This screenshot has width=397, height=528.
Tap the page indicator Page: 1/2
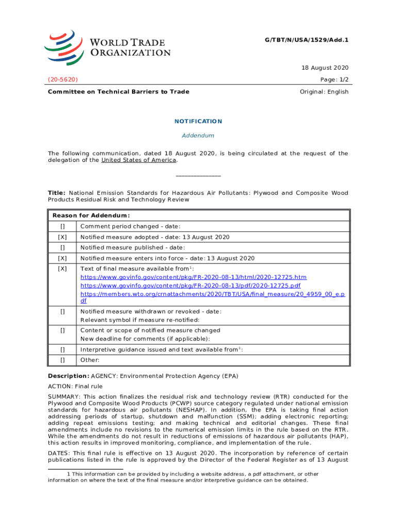[331, 80]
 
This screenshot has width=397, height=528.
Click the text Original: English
[324, 92]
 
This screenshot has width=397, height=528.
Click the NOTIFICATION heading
[198, 121]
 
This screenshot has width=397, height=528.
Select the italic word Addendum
[198, 136]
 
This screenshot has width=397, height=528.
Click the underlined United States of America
[139, 160]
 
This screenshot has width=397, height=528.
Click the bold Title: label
[57, 193]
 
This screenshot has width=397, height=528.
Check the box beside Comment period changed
[62, 226]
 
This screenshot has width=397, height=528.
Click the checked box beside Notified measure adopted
[62, 237]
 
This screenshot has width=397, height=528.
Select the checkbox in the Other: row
[62, 360]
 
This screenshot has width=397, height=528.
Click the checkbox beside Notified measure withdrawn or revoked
[62, 311]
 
